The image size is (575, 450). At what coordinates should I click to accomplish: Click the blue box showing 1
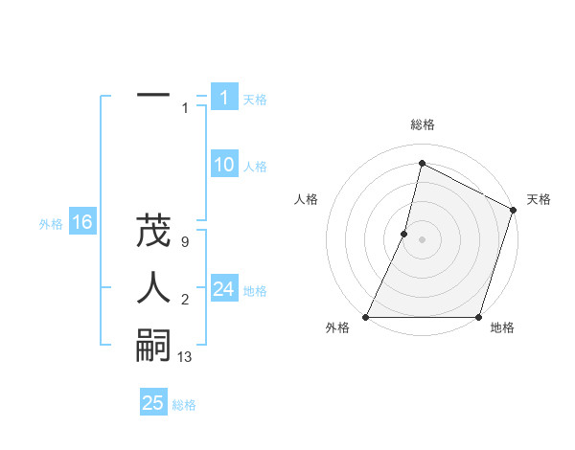[224, 97]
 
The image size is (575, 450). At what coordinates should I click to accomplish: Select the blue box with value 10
[224, 165]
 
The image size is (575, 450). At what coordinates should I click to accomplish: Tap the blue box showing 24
[224, 289]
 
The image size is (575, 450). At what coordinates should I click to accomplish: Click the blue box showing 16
[81, 222]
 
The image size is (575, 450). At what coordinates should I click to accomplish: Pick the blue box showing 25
[153, 403]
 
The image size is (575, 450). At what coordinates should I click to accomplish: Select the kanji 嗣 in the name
[153, 345]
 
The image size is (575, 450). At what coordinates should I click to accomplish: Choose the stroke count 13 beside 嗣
[185, 358]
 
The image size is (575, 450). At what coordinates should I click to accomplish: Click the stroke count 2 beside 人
[184, 301]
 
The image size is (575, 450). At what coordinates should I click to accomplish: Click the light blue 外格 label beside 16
[51, 224]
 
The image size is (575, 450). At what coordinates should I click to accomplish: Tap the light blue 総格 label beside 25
[184, 405]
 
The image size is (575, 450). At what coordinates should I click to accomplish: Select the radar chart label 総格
[422, 124]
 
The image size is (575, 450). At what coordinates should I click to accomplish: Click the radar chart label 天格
[539, 199]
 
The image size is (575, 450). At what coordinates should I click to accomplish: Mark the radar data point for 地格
[478, 317]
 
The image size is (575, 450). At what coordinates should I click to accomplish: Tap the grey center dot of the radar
[422, 239]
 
